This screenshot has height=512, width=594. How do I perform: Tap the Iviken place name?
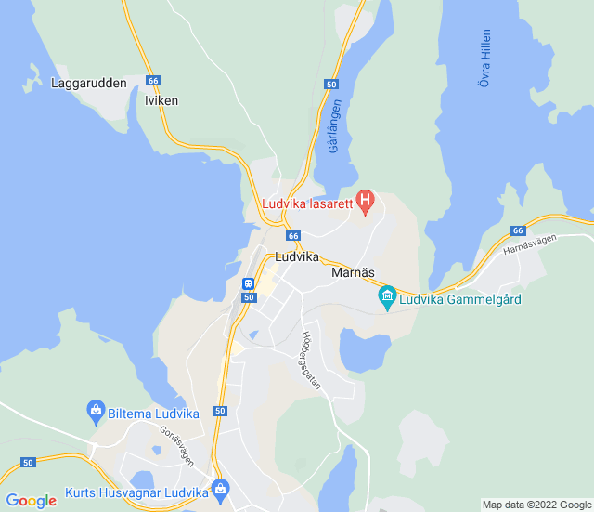coord(161,100)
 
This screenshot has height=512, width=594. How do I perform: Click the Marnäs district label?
coord(353,274)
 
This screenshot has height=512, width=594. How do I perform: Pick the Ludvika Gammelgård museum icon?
coord(387,298)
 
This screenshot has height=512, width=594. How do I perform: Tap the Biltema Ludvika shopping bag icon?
coord(95,409)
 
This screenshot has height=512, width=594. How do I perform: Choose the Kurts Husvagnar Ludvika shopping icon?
coord(220,488)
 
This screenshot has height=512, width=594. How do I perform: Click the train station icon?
coord(248,283)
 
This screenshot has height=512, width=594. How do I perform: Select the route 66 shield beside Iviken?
coord(154,81)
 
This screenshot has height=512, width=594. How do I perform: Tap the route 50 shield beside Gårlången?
coord(331,84)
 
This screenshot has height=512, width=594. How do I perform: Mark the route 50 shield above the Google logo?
coord(28,462)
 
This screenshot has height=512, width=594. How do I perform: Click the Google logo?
coord(32,501)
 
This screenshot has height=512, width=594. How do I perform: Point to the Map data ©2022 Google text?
coord(536,505)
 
